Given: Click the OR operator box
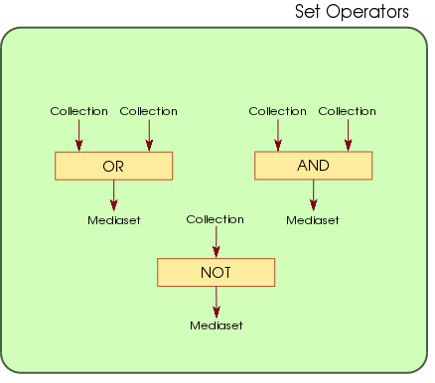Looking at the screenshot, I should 114,167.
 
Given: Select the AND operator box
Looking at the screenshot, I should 313,166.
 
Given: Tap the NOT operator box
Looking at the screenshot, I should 216,271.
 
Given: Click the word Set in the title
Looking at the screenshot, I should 310,13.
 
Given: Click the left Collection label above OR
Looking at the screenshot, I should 79,111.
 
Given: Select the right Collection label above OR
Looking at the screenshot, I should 148,111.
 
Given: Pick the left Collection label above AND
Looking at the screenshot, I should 277,111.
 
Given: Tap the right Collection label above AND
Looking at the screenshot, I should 347,111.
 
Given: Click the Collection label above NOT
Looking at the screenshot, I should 215,219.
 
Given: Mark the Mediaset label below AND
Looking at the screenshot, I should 313,219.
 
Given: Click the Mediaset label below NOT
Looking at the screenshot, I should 216,324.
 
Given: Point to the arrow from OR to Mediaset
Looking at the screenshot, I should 114,194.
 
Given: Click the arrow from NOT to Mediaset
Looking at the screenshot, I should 216,301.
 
